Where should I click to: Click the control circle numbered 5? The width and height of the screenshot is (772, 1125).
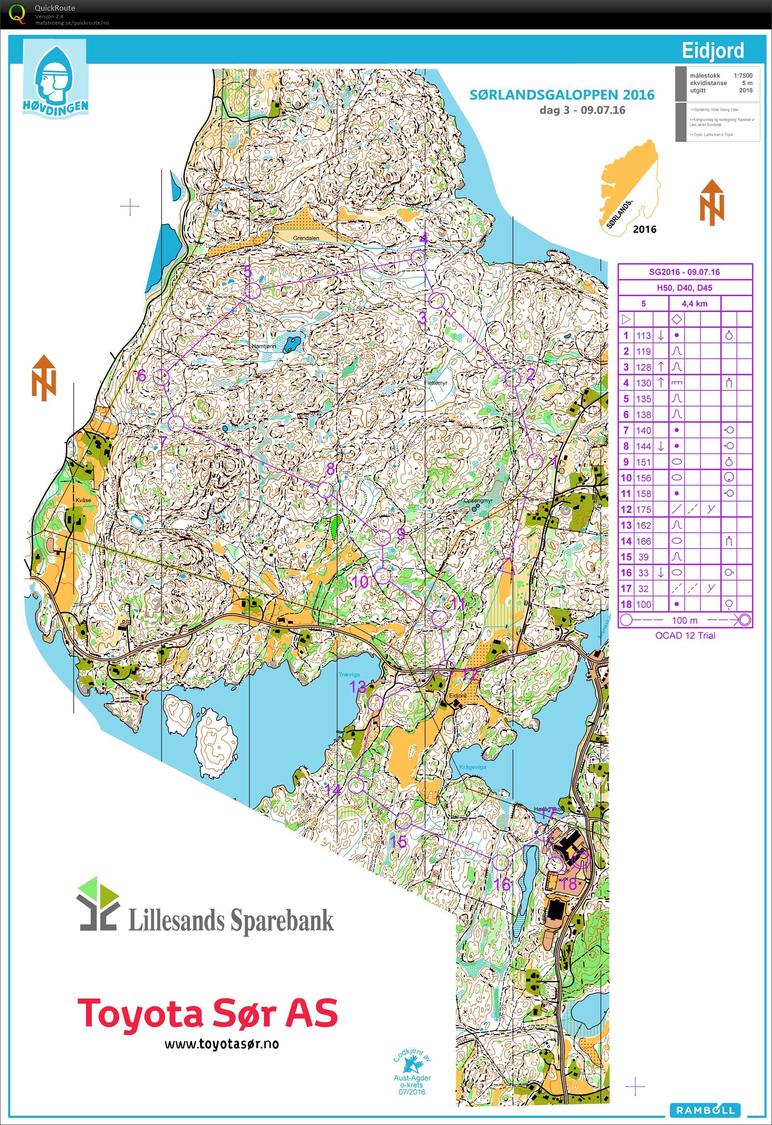[253, 291]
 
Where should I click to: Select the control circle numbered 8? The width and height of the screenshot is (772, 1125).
[325, 489]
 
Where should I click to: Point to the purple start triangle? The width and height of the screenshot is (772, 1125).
[507, 567]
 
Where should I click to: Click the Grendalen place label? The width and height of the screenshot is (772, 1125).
[306, 238]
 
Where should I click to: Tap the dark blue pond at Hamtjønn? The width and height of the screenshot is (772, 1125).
[291, 343]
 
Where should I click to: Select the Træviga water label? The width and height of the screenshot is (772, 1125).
[349, 674]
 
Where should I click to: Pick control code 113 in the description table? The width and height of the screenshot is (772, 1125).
[643, 335]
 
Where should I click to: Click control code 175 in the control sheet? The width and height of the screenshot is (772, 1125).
[643, 509]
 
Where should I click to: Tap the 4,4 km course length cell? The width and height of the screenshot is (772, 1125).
[694, 304]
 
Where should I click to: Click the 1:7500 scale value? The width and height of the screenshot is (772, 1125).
[743, 75]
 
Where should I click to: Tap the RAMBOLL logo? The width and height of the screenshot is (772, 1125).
[705, 1110]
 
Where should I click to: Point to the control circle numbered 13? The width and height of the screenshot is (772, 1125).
[375, 703]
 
